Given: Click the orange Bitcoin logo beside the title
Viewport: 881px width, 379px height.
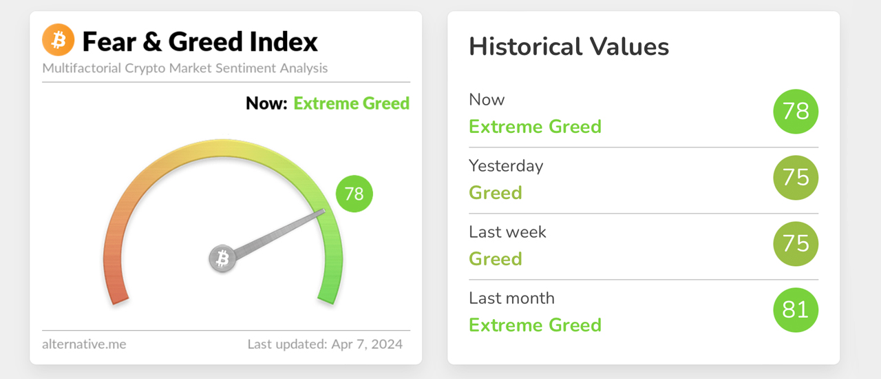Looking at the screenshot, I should click(x=58, y=41).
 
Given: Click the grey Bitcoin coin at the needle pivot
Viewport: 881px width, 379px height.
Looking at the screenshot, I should click(x=222, y=259).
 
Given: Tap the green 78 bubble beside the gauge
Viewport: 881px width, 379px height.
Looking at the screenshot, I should click(x=354, y=194).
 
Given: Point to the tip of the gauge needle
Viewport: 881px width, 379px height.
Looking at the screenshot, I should click(x=323, y=212).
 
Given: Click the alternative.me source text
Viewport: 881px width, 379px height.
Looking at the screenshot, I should click(x=84, y=344).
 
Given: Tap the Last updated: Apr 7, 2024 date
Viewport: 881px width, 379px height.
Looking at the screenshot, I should click(x=325, y=344).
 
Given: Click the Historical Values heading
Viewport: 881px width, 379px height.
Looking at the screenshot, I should click(x=569, y=47).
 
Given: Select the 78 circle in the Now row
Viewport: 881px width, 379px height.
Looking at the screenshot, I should click(x=796, y=112).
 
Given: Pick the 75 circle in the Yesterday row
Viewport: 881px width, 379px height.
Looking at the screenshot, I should click(x=796, y=178).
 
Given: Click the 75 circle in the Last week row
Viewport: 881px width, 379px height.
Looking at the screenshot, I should click(x=796, y=244).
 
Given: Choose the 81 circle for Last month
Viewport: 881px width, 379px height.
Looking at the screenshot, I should click(x=796, y=310).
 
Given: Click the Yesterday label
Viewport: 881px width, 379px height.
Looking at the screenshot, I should click(x=506, y=166).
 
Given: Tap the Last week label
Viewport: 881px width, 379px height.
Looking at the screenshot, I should click(x=507, y=232).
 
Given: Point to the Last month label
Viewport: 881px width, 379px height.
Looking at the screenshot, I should click(x=511, y=298).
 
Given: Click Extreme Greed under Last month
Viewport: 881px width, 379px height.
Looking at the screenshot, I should click(x=535, y=325).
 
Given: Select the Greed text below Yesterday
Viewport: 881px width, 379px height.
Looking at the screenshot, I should click(x=496, y=192).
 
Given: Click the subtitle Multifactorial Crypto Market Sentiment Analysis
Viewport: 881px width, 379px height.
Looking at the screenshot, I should click(x=184, y=68).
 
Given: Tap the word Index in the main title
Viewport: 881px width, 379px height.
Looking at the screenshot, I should click(x=284, y=42).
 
